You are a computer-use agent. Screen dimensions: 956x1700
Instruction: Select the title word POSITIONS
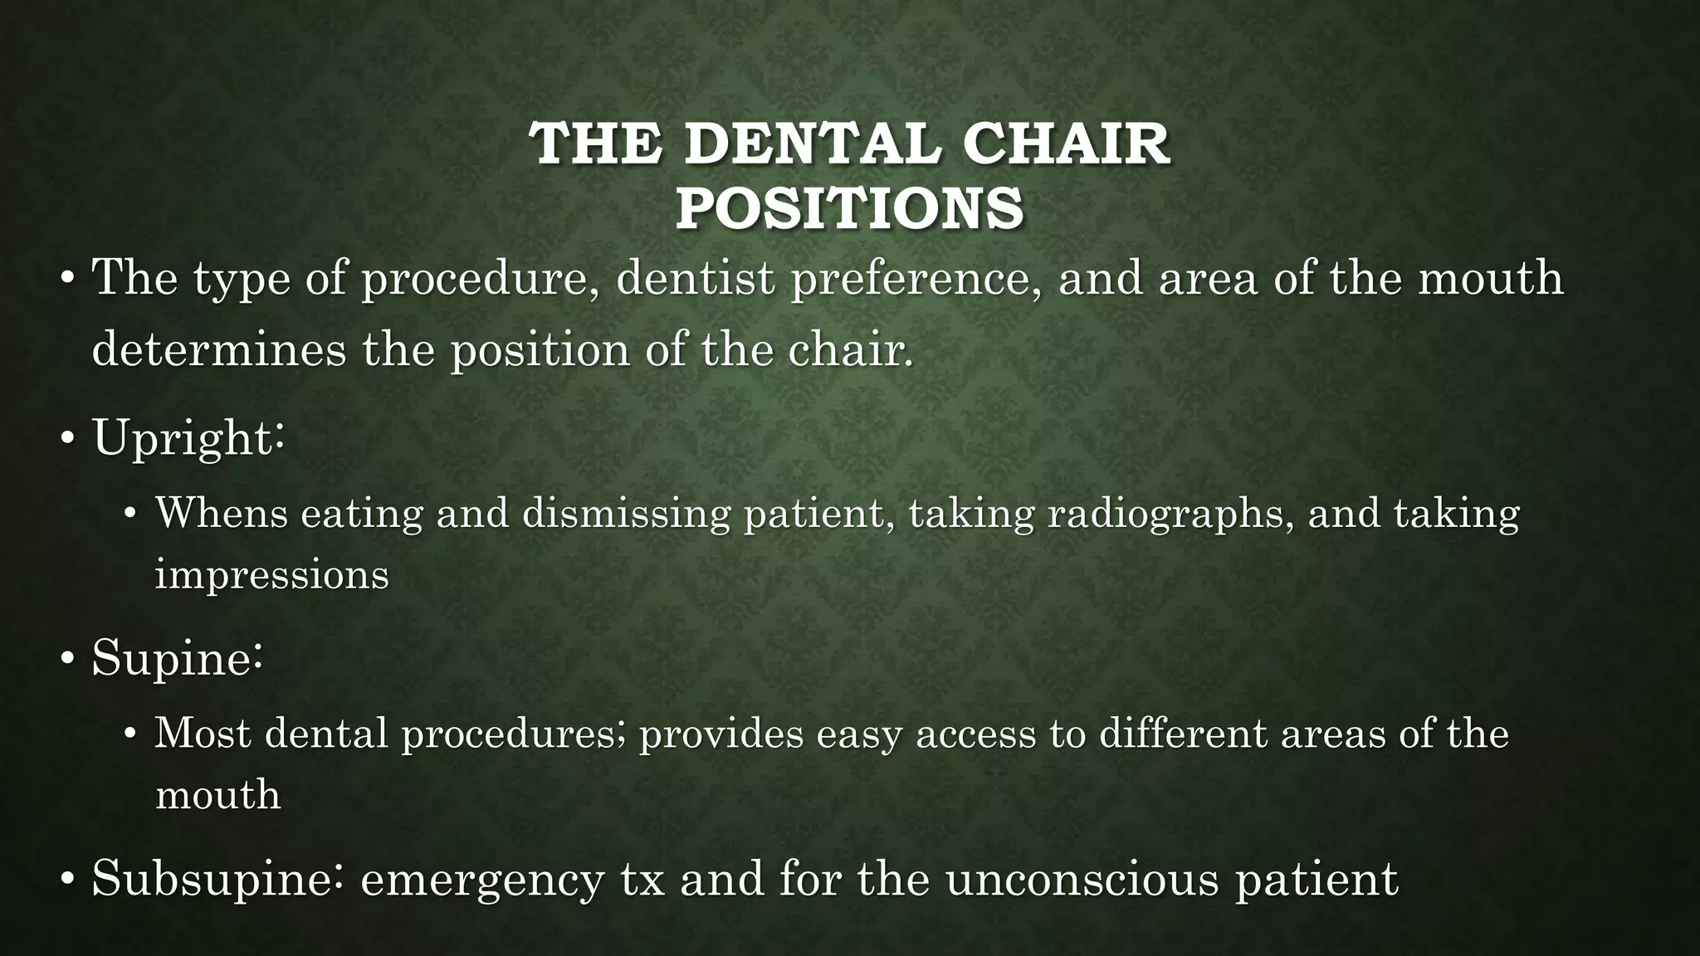tap(849, 208)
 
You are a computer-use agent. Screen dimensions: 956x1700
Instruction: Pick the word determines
tap(218, 349)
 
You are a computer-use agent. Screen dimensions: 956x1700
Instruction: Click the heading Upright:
tap(189, 437)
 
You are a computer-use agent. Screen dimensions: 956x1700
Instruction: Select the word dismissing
tap(626, 513)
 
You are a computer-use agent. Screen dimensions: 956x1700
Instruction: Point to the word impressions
tap(272, 574)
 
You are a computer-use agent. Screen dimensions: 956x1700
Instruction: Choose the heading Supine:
tap(178, 659)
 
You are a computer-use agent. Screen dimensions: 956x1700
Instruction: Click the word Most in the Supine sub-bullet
tap(203, 734)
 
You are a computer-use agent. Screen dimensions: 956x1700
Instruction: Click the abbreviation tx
tap(643, 880)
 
